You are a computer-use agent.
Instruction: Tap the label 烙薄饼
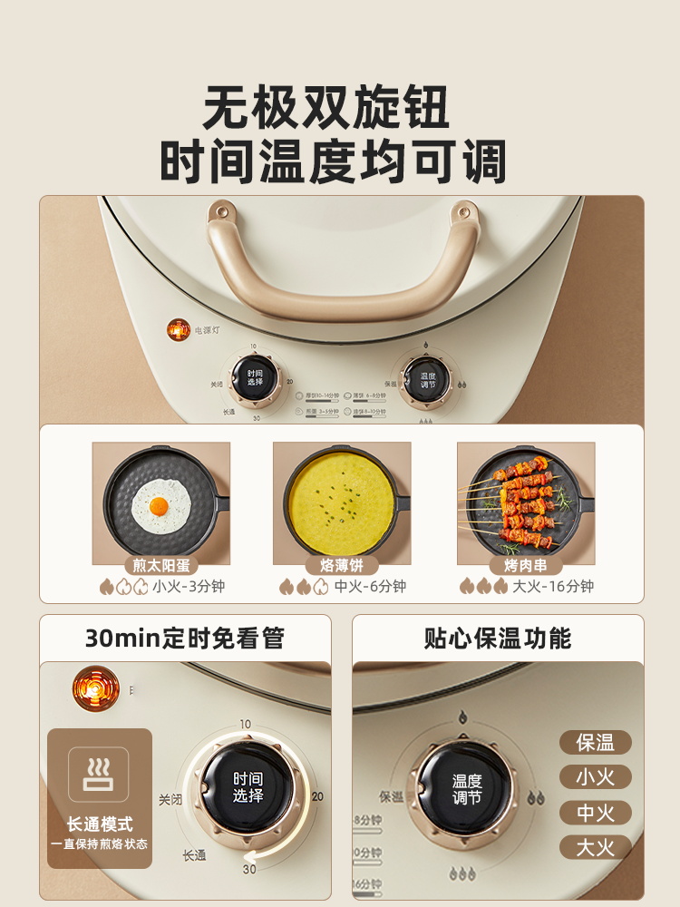342,565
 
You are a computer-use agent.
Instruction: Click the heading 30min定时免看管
185,639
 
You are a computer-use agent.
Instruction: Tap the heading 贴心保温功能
498,639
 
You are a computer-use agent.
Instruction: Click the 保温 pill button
595,743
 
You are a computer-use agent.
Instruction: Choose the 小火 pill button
595,777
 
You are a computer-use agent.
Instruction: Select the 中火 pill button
595,813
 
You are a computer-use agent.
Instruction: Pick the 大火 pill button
595,848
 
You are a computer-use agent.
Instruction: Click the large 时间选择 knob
248,787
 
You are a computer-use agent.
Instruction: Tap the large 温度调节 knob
467,787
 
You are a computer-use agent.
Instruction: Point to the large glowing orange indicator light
96,688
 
